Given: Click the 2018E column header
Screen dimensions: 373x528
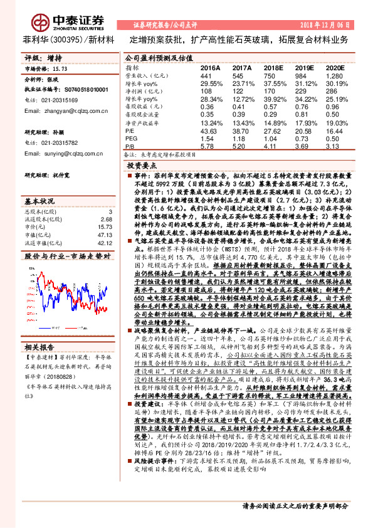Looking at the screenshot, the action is pos(273,66).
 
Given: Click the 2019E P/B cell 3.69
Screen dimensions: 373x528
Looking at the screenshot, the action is pos(303,144).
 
